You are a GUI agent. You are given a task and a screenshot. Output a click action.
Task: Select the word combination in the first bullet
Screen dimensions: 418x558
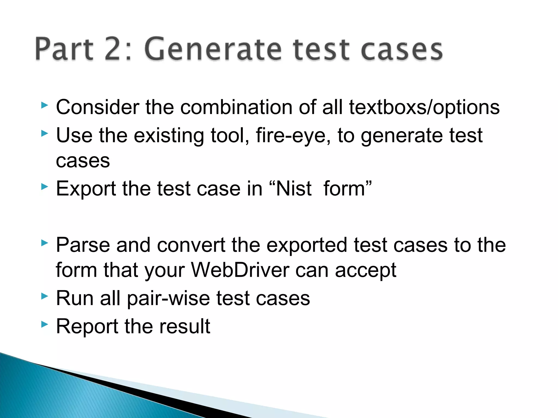pyautogui.click(x=236, y=107)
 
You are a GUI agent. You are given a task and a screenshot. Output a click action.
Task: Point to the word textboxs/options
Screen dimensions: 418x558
pyautogui.click(x=424, y=107)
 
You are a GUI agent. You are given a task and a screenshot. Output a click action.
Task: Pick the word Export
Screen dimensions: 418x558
pyautogui.click(x=86, y=189)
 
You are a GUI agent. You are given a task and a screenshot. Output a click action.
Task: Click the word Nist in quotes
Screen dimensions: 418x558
pyautogui.click(x=293, y=188)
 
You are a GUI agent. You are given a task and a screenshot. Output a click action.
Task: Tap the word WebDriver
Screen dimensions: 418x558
pyautogui.click(x=240, y=270)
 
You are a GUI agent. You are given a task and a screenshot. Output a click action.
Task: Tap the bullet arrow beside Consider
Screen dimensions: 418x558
pyautogui.click(x=44, y=105)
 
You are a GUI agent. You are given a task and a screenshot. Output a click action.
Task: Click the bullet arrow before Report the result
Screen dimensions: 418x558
pyautogui.click(x=44, y=324)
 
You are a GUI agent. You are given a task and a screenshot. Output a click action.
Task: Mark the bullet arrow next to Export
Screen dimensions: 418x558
pyautogui.click(x=44, y=186)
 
